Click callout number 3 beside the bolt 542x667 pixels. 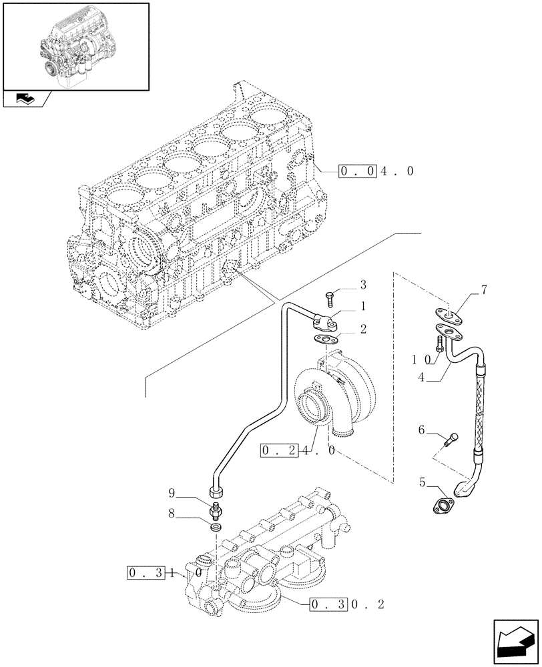[363, 285]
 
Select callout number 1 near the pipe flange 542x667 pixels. [363, 307]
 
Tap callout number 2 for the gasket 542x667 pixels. [363, 329]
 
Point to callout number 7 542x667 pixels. [484, 289]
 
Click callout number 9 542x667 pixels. [172, 494]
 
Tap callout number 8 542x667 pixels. [172, 515]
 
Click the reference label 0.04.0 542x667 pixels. [376, 171]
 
